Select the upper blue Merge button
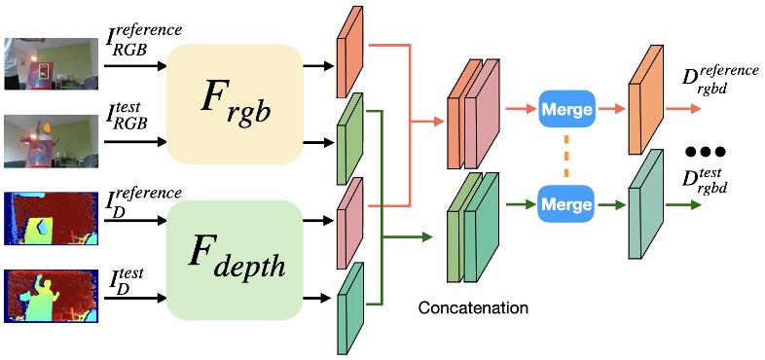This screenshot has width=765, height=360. coord(566,110)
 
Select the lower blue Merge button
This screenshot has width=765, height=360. coord(566,205)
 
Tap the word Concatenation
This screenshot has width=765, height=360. coord(473,308)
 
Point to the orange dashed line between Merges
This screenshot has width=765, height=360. coord(565,158)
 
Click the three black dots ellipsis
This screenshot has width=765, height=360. coord(708,153)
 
